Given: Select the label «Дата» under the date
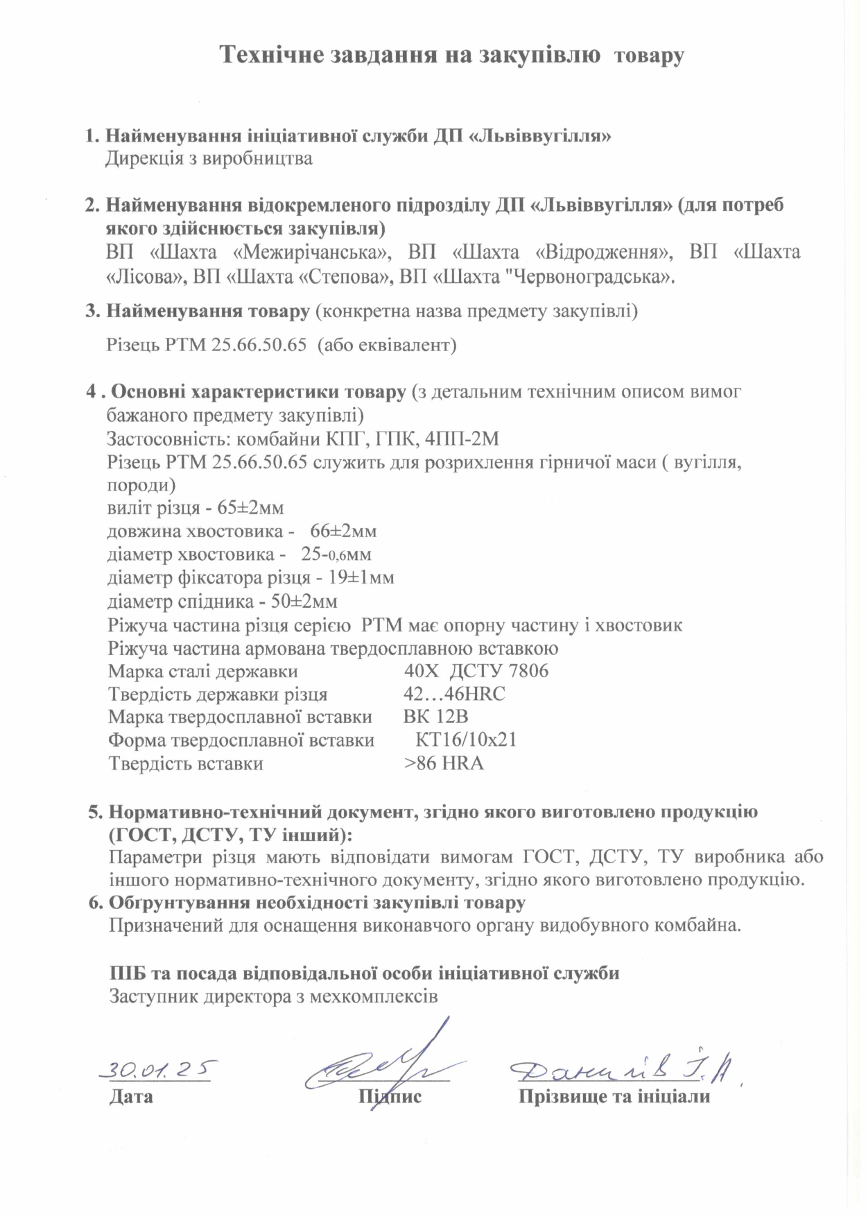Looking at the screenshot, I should tap(131, 1097).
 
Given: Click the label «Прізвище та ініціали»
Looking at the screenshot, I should tap(614, 1097).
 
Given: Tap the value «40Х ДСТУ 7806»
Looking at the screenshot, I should tap(476, 671).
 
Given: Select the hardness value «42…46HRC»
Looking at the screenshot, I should tap(454, 694).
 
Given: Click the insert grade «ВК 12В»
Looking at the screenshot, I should tap(435, 717).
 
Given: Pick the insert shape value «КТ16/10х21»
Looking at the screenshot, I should tap(466, 740).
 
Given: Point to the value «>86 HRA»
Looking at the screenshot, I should tap(444, 763).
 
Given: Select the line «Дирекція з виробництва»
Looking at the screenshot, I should tap(209, 159).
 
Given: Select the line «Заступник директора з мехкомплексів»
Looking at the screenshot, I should tap(273, 997).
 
